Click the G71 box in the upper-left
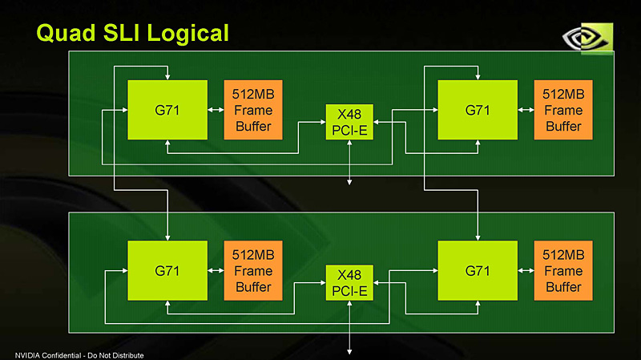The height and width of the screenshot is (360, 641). (167, 110)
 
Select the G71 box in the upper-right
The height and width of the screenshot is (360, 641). (478, 110)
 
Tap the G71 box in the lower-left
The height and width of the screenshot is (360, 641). (167, 271)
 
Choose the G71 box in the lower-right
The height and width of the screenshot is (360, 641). (478, 271)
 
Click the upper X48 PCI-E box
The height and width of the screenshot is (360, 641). (349, 122)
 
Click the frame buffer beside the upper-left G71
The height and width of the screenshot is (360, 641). (252, 110)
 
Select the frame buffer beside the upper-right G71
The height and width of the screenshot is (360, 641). (563, 110)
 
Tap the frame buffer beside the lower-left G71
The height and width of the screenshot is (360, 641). (252, 271)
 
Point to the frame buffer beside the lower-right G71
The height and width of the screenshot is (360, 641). (563, 271)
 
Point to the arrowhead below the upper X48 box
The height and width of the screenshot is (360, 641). (349, 182)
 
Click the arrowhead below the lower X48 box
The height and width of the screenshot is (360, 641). (349, 350)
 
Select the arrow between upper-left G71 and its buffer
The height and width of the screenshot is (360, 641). (215, 111)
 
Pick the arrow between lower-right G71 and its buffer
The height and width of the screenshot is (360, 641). (526, 272)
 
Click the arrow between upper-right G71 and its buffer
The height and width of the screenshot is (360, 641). (526, 111)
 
